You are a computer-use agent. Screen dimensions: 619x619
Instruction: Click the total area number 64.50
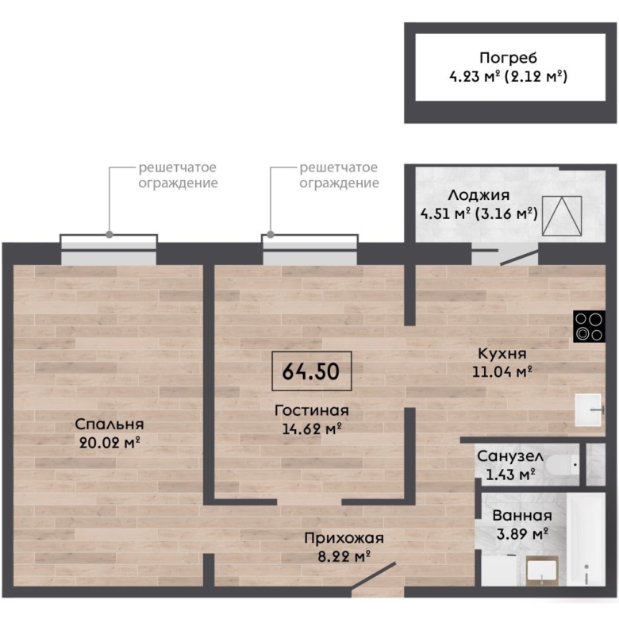coord(311,371)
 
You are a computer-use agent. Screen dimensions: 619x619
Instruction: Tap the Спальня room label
coord(110,425)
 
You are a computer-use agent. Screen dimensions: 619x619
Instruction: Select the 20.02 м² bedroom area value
coord(110,443)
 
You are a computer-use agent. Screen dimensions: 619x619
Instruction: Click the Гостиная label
coord(311,410)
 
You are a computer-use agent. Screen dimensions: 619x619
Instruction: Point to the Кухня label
coord(502,353)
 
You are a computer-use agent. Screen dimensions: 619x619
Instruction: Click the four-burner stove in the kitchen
coord(589,326)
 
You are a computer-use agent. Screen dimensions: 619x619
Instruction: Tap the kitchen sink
coord(588,409)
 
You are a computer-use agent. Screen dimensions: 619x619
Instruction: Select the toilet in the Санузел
coord(562,465)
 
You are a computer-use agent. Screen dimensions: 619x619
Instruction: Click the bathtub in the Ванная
coord(586,539)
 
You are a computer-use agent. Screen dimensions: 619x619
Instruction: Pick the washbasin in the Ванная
coord(542,571)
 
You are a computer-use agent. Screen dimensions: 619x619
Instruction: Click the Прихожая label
coord(344,539)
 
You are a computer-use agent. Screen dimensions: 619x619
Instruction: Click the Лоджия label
coord(479,195)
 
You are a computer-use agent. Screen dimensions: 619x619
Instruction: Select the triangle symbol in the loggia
coord(562,216)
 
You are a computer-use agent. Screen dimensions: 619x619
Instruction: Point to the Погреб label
coord(508,58)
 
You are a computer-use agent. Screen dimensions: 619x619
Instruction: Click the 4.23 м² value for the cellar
coord(475,76)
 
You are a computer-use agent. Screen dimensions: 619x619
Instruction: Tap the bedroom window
coord(109,250)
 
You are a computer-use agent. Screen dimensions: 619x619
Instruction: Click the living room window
coord(309,250)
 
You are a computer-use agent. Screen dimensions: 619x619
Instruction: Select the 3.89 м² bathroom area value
coord(522,534)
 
